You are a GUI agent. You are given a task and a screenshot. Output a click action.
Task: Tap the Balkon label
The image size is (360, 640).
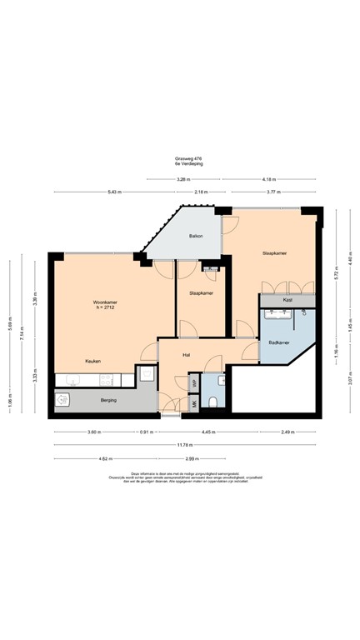click(x=197, y=236)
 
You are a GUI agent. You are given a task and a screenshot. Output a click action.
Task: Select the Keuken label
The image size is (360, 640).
click(x=92, y=361)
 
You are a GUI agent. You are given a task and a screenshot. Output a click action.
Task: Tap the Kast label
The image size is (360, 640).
click(x=287, y=299)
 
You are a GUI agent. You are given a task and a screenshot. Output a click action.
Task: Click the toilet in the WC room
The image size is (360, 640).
click(x=214, y=402)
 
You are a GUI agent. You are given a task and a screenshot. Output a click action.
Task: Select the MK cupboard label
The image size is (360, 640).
click(x=194, y=403)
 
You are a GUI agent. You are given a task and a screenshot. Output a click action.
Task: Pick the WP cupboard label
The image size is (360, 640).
click(x=194, y=384)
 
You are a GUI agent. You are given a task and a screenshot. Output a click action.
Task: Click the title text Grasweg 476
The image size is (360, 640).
click(x=189, y=157)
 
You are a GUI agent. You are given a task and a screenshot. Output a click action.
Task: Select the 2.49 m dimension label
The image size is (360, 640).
click(x=287, y=432)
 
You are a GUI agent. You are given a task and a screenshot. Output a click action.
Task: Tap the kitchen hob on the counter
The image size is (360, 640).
click(x=107, y=379)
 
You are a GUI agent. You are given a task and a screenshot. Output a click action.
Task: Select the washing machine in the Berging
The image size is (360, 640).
click(x=62, y=401)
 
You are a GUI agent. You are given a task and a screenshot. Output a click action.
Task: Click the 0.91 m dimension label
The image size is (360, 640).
click(x=146, y=432)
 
